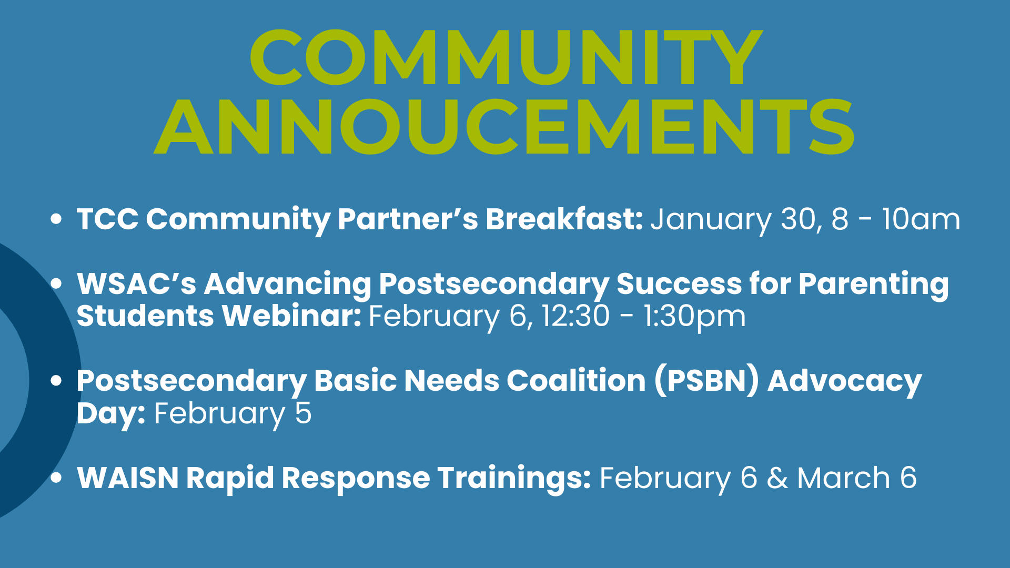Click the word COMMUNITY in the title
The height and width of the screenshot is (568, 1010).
pyautogui.click(x=506, y=57)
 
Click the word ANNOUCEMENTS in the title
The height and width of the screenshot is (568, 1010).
pyautogui.click(x=504, y=127)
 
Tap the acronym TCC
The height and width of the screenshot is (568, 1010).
pyautogui.click(x=108, y=219)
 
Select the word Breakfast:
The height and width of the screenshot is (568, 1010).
pyautogui.click(x=564, y=219)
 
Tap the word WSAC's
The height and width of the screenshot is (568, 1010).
pyautogui.click(x=137, y=283)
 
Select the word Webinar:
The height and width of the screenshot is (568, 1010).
pyautogui.click(x=291, y=316)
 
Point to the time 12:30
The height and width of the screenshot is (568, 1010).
pyautogui.click(x=575, y=316)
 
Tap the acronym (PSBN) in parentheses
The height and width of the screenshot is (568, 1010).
pyautogui.click(x=707, y=381)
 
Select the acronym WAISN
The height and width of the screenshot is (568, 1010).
pyautogui.click(x=128, y=478)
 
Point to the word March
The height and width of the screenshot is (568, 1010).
pyautogui.click(x=843, y=478)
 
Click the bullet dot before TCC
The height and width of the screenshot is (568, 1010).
pyautogui.click(x=56, y=219)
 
